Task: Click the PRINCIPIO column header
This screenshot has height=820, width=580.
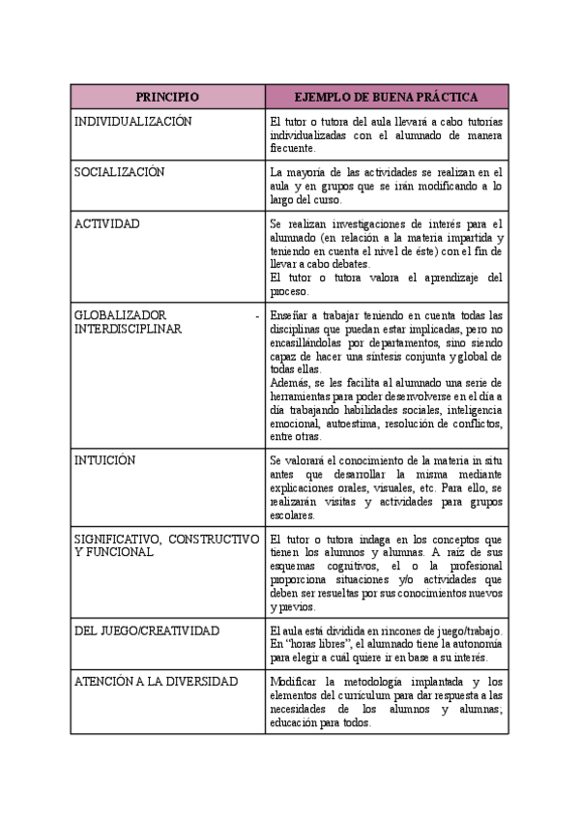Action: (167, 97)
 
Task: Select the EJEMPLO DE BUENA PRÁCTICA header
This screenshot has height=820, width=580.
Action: (386, 97)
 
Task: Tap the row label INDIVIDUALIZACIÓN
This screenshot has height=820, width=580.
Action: (133, 122)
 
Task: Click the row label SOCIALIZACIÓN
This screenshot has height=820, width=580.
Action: (120, 172)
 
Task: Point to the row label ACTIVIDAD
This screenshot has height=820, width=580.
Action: (107, 223)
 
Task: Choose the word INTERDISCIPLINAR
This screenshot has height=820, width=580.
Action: (128, 329)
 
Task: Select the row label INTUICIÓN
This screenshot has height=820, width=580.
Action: (105, 460)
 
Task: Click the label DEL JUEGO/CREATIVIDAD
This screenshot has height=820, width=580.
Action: (147, 630)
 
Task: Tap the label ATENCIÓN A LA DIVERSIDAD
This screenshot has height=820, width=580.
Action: (156, 682)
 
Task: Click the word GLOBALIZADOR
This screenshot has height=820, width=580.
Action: (121, 315)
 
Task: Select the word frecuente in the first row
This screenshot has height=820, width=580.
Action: (292, 149)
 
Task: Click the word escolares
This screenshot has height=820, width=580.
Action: (294, 515)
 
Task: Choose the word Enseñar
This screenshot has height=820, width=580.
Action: (291, 315)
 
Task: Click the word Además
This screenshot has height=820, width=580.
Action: (292, 382)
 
